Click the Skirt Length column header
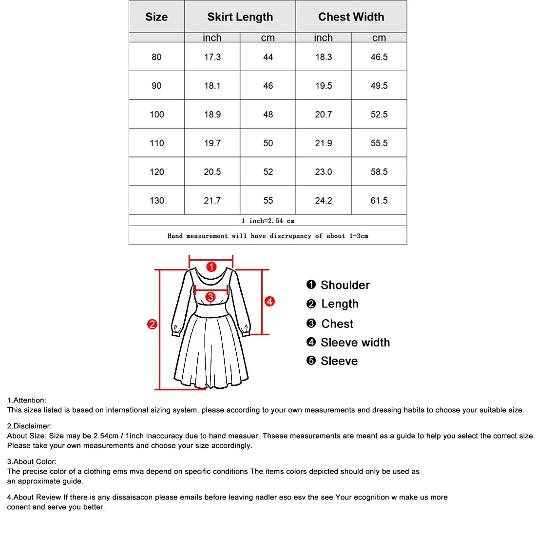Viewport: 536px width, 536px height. [x=240, y=17]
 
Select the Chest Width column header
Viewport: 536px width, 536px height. [x=351, y=17]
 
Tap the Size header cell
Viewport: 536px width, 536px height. [x=156, y=17]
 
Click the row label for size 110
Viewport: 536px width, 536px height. [x=156, y=143]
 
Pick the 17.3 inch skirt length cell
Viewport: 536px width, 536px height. [x=212, y=57]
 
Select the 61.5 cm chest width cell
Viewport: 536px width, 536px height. [x=379, y=201]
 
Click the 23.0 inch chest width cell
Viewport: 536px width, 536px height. [x=323, y=172]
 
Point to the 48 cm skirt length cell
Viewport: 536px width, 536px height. [x=268, y=115]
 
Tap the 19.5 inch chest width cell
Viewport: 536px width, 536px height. [x=323, y=86]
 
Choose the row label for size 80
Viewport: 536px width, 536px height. [x=156, y=57]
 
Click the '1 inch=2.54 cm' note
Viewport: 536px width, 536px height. [x=268, y=221]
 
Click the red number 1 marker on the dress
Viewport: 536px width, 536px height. [x=211, y=267]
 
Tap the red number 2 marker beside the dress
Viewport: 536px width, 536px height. [x=152, y=324]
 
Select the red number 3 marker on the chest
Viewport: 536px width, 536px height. [x=210, y=297]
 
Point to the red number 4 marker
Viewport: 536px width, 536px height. [x=269, y=302]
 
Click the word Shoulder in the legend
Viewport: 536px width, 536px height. [x=345, y=285]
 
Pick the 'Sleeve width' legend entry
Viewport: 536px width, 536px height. [x=355, y=343]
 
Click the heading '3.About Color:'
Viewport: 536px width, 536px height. [x=32, y=461]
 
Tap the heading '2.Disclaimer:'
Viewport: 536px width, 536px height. [x=29, y=426]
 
